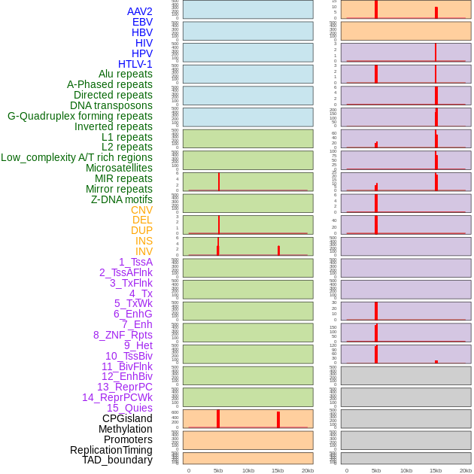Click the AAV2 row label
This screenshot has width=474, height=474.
point(140,11)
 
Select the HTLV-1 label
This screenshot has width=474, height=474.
point(135,64)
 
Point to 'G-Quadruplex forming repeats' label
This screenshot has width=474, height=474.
point(80,116)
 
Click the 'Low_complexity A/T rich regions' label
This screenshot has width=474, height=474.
point(77,157)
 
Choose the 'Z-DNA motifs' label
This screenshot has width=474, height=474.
point(122,199)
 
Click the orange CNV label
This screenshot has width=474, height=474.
point(141,210)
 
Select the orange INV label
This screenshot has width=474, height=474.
point(144,251)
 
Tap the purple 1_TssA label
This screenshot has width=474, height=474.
point(135,262)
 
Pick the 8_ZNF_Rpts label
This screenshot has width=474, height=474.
point(123,335)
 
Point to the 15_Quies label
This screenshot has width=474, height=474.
point(129,408)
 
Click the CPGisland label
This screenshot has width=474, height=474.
point(127,418)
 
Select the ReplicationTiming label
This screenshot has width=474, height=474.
point(111,450)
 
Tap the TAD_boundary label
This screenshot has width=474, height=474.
point(117,460)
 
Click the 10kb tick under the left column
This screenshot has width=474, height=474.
point(248,470)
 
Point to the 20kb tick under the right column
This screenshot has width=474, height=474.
point(466,470)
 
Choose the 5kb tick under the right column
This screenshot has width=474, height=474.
point(376,470)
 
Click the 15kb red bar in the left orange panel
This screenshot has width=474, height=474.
point(278,420)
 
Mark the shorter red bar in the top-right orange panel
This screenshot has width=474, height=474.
point(436,13)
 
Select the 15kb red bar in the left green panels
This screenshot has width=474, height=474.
point(278,251)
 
